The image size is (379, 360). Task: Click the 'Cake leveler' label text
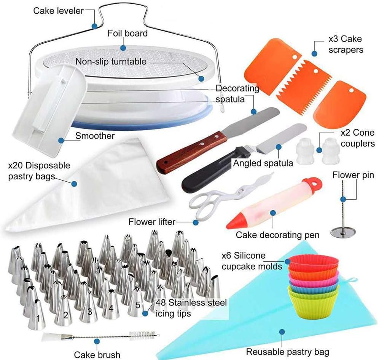[58, 10]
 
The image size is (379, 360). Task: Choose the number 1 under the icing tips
[38, 317]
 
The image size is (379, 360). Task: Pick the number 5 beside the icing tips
[138, 305]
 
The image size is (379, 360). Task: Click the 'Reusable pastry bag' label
[287, 351]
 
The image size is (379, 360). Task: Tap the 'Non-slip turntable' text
[111, 61]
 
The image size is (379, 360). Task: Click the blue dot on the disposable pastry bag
[75, 184]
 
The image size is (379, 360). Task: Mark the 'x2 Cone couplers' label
[357, 138]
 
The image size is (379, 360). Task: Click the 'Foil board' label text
[127, 34]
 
